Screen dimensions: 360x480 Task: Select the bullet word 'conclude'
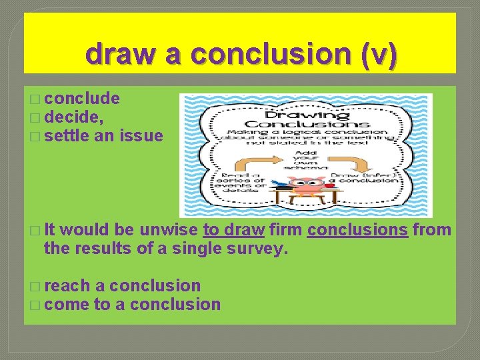coord(83,99)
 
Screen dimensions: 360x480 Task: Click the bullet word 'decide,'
coord(74,118)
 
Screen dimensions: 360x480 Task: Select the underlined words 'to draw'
coord(234,231)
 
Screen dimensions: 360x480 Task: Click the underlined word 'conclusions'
coord(357,231)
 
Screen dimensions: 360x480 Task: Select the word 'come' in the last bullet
coord(67,305)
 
